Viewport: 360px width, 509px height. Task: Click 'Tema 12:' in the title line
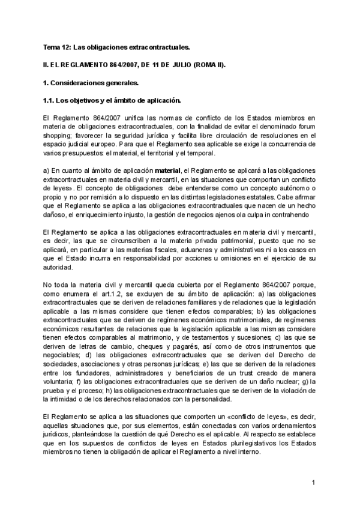click(57, 46)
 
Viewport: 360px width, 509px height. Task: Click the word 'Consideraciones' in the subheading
click(82, 81)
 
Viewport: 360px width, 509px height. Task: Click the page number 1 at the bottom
click(314, 483)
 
